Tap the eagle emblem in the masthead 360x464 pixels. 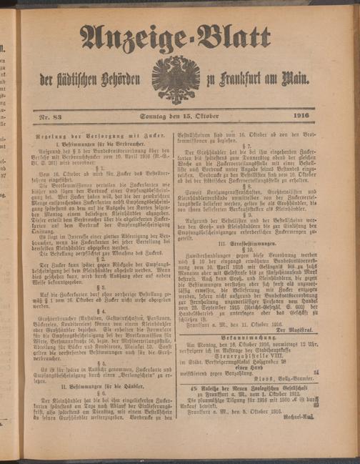(x=175, y=78)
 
